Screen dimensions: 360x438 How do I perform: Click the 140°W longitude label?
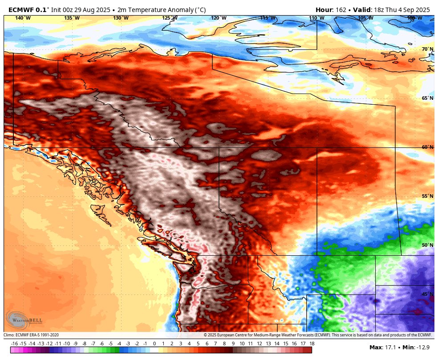tap(23, 18)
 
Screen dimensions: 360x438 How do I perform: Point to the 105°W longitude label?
tap(365, 18)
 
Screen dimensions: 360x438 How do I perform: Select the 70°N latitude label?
tap(428, 49)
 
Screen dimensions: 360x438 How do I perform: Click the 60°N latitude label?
tap(428, 147)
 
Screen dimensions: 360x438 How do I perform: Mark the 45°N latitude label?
tap(428, 294)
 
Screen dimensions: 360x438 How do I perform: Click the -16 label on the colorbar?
tap(15, 344)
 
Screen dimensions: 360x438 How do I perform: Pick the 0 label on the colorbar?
tap(154, 344)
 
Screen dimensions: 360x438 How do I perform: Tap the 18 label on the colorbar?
tap(312, 344)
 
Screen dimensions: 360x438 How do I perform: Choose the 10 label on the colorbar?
tap(242, 344)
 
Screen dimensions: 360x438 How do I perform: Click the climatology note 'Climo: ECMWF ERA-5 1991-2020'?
tap(31, 335)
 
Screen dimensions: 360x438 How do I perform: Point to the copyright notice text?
tap(318, 335)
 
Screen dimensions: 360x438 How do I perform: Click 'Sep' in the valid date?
tap(410, 9)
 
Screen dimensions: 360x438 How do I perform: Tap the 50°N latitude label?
tap(428, 245)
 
